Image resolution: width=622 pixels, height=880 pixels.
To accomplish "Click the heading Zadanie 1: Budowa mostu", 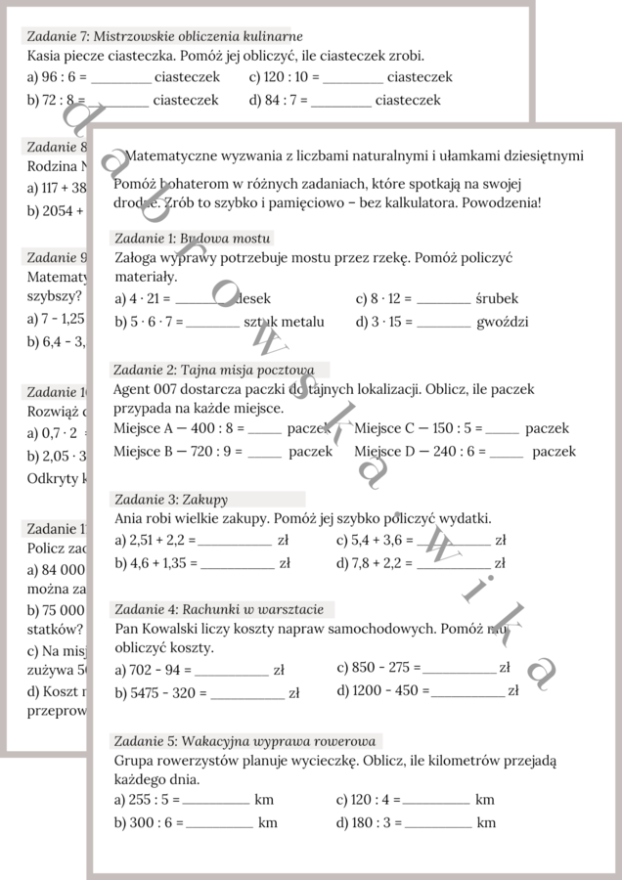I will click(x=192, y=238).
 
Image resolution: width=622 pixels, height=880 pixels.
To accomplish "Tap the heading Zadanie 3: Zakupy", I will click(x=171, y=499).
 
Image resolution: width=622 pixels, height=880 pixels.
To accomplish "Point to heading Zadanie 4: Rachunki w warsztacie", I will click(x=219, y=609).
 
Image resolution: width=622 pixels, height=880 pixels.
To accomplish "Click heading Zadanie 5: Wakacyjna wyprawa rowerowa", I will click(x=244, y=740).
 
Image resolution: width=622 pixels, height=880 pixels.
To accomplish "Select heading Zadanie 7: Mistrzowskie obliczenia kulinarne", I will click(x=164, y=36).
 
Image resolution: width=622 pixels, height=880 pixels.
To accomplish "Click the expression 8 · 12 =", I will click(x=383, y=298).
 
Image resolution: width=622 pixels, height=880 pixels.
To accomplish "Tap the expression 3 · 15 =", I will click(x=383, y=321).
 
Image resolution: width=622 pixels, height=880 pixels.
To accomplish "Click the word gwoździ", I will click(x=503, y=321).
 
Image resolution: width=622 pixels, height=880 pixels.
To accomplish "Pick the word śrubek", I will click(x=497, y=298).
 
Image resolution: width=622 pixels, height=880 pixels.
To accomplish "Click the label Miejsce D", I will click(x=385, y=451).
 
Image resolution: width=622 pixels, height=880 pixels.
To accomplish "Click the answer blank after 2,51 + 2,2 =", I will click(x=235, y=540).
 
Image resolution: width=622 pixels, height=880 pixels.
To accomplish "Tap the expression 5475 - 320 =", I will click(x=160, y=692).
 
